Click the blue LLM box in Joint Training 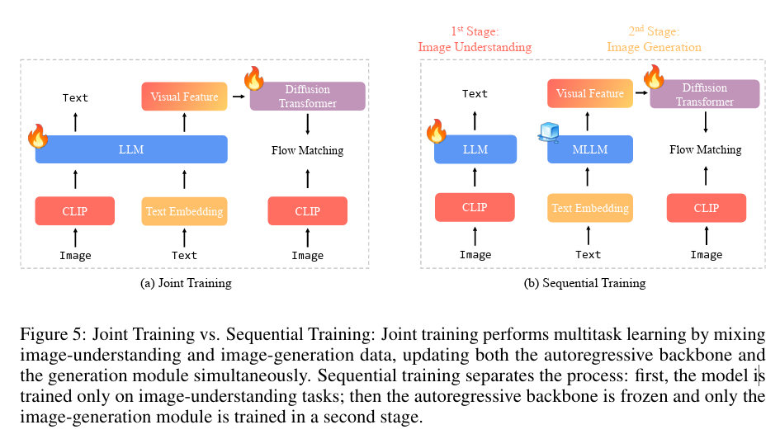tap(131, 149)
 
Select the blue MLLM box tap(589, 149)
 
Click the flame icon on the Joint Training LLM tap(38, 135)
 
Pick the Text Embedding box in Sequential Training tap(589, 208)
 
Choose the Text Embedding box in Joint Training tap(184, 211)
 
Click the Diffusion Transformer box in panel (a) tap(307, 96)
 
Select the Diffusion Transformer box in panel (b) tap(705, 94)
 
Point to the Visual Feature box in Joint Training tap(184, 97)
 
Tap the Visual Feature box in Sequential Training tap(589, 93)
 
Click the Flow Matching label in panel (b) tap(705, 149)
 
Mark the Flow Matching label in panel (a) tap(307, 150)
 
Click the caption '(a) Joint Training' tap(186, 283)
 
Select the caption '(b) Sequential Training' tap(584, 283)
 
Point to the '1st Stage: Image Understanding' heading tap(475, 40)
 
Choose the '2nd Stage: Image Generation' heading tap(654, 40)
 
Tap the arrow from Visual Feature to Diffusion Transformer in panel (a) tap(239, 97)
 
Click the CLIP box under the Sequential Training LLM tap(475, 207)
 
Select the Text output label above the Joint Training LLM tap(75, 97)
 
